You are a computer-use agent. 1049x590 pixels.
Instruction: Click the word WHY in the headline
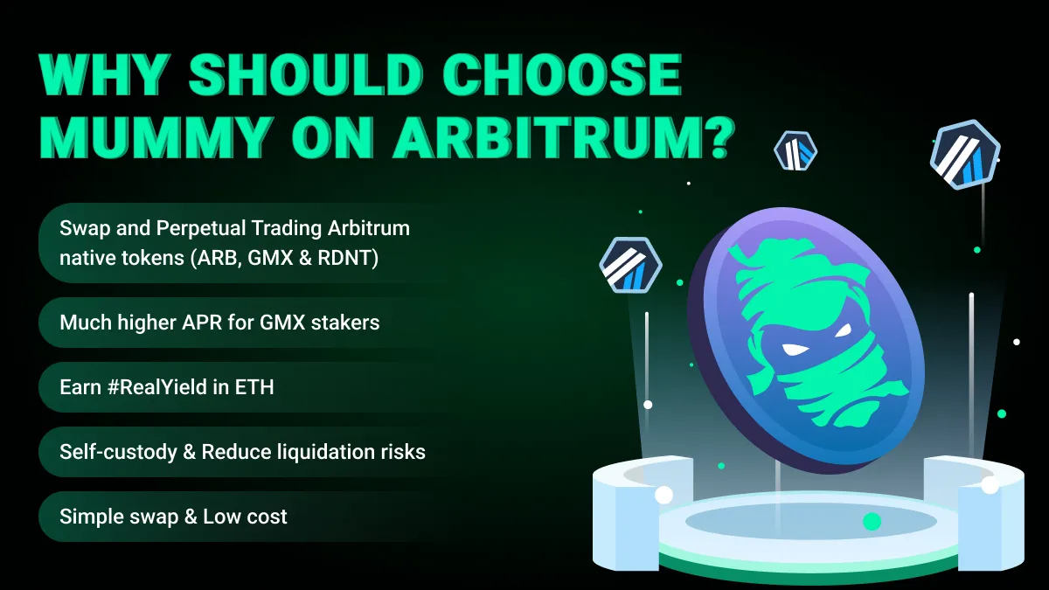coord(104,75)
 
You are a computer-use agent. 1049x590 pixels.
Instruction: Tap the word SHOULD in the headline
coord(306,75)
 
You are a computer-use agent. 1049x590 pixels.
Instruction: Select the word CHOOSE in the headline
coord(562,75)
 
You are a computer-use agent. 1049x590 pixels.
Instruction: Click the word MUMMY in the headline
coord(156,136)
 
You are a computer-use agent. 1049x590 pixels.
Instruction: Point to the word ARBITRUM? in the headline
coord(563,136)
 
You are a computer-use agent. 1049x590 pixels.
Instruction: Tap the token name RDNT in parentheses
coord(344,258)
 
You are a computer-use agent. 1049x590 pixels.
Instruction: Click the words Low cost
coord(245,517)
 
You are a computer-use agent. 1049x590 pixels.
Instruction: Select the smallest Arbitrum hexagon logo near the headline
coord(795,150)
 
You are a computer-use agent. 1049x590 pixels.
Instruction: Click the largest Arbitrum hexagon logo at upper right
coord(965,155)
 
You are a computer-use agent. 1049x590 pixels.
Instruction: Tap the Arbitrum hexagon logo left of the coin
coord(631,265)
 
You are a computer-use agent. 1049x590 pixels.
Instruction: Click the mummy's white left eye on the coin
coord(795,350)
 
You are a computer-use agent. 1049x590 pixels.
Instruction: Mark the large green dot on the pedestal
coord(872,521)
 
